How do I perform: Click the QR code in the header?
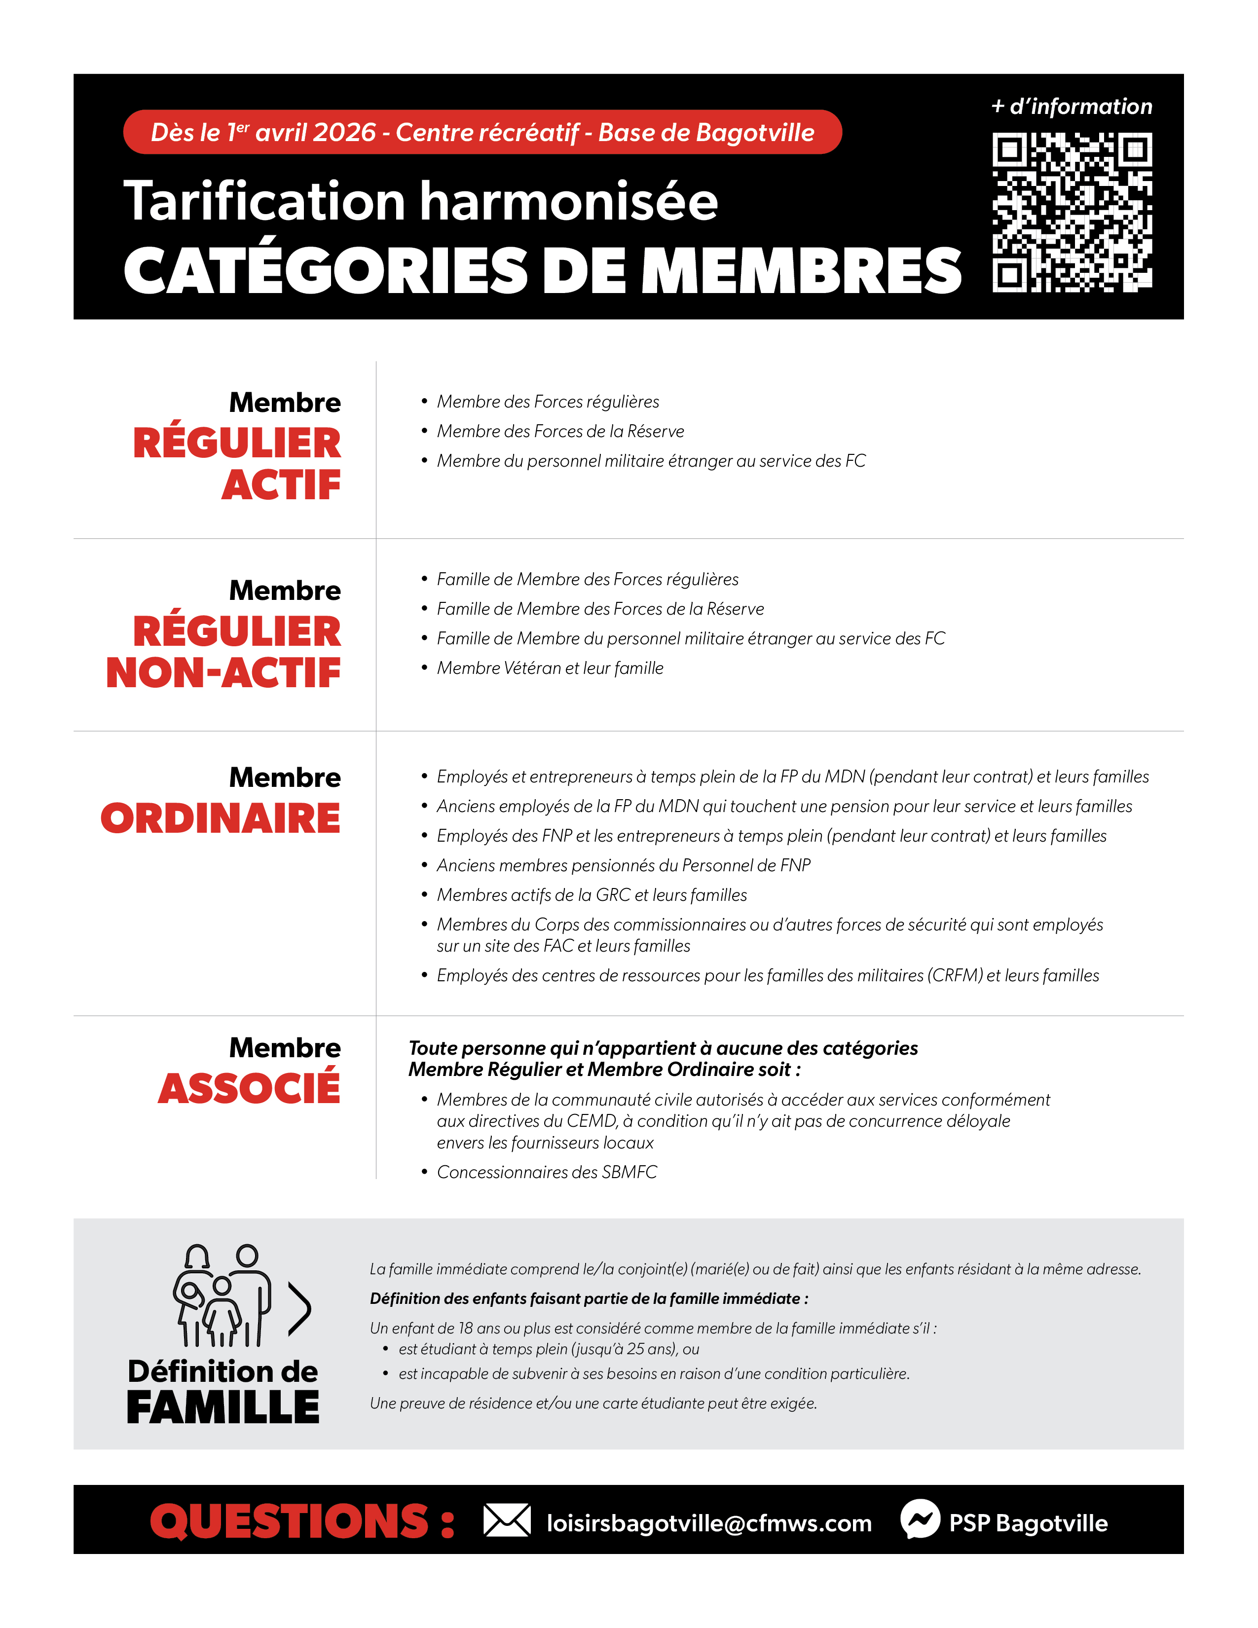point(1072,213)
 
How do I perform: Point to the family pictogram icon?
point(222,1295)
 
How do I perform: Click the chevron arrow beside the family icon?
point(299,1308)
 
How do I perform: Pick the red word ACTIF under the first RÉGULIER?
point(281,485)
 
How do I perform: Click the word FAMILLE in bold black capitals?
point(223,1407)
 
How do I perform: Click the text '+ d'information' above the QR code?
point(1072,107)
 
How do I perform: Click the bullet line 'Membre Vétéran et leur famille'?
point(549,668)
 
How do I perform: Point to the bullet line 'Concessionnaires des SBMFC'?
point(546,1172)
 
